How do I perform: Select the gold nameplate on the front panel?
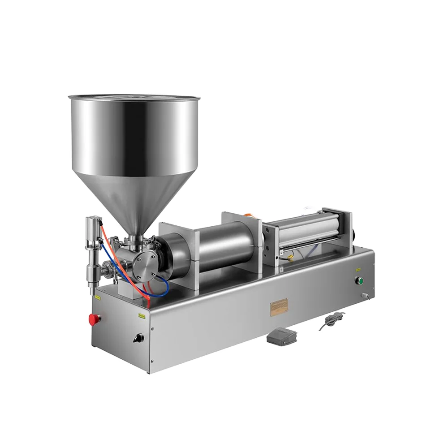coord(279,308)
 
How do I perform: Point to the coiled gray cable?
coord(332,321)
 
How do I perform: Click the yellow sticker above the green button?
coord(358,270)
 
